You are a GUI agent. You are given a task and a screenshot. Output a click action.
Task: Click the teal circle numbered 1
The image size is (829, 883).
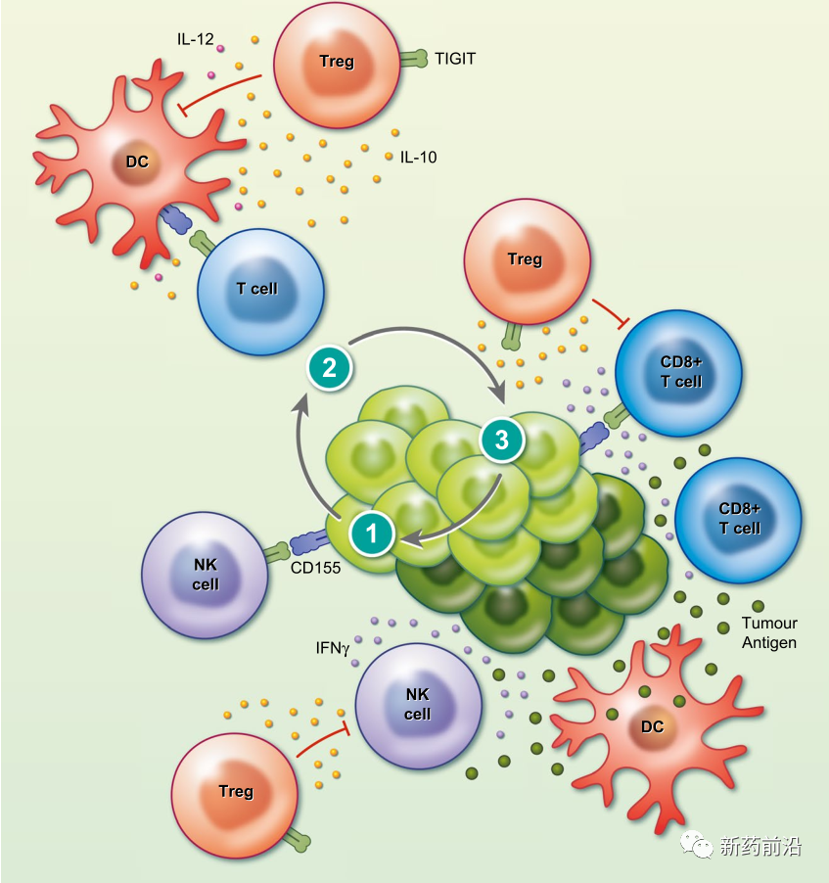371,534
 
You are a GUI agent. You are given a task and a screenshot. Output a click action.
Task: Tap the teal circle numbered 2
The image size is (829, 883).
330,368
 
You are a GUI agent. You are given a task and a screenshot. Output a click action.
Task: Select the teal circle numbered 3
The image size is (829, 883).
502,441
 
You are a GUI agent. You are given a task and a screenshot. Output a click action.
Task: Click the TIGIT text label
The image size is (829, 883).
455,59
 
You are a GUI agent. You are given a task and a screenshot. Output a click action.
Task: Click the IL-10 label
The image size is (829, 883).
418,157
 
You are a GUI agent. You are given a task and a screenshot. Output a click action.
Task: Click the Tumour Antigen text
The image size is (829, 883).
769,632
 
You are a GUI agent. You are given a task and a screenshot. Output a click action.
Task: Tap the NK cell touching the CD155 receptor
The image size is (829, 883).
205,576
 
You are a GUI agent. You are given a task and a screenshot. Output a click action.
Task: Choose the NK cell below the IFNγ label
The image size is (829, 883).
418,705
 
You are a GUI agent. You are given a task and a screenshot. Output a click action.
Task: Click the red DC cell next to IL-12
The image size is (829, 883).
137,162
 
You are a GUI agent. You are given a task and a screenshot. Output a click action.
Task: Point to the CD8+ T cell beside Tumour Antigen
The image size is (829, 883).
739,519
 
